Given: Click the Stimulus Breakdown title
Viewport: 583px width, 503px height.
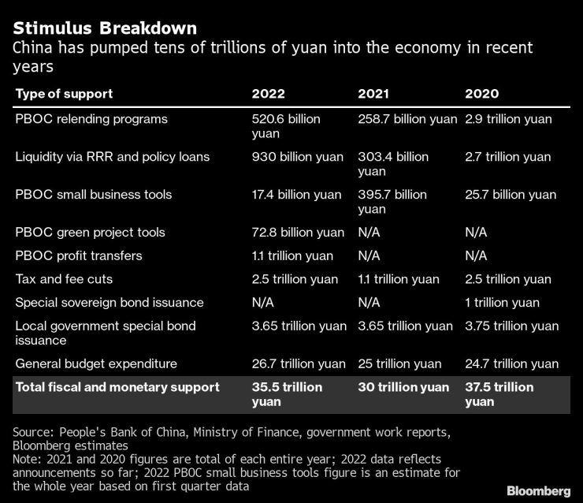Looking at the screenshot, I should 105,28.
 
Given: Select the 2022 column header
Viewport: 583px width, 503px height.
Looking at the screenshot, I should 268,94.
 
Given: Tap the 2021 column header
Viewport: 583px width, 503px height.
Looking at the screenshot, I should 374,94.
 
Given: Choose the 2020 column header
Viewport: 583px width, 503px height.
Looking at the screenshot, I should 481,94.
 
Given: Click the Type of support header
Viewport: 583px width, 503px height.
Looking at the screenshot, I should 64,94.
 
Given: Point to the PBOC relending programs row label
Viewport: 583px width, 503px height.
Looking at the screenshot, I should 91,119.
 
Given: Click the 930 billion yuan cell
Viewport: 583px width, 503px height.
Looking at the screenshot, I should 297,157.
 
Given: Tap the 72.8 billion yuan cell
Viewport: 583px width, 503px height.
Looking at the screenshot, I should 298,233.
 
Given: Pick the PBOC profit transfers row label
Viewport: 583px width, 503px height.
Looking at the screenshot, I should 79,255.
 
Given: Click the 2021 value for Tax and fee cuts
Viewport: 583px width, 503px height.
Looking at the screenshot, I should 399,279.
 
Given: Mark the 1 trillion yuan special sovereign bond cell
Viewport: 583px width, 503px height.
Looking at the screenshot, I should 502,303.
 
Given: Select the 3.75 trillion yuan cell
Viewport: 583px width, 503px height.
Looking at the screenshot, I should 511,326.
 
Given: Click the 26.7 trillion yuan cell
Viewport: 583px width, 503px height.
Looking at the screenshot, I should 298,363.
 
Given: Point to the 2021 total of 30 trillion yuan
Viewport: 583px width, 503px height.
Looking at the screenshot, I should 403,387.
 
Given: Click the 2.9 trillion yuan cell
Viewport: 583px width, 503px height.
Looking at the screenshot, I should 508,119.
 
